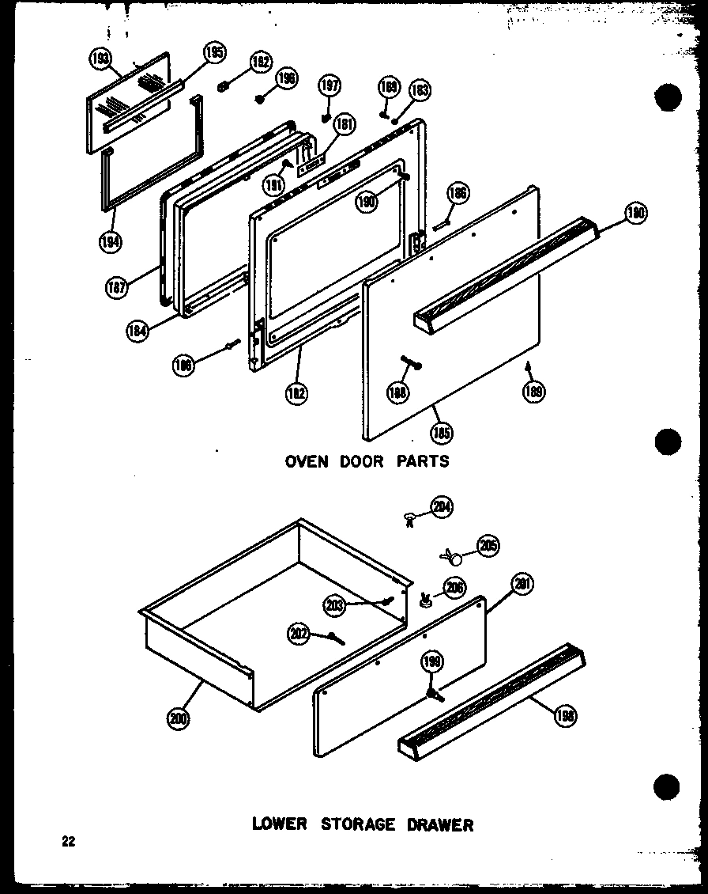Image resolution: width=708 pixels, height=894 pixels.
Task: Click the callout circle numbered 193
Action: (x=100, y=60)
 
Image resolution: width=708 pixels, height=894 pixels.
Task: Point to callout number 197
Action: (x=329, y=86)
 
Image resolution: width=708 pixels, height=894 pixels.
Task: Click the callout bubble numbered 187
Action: (x=116, y=289)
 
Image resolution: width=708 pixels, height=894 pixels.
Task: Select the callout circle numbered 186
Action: (x=458, y=193)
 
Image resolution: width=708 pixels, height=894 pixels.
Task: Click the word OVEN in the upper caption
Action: (x=307, y=460)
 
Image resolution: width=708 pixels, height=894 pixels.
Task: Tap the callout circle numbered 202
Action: (x=299, y=633)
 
